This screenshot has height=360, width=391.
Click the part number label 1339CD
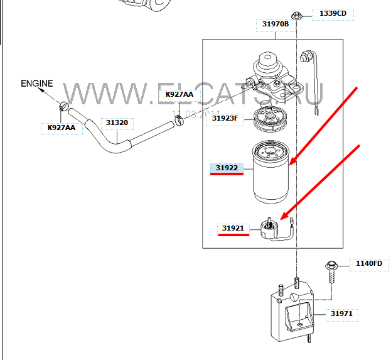332,13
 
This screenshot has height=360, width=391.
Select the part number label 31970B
275,25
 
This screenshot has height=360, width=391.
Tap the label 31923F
225,117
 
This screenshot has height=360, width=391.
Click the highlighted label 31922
226,168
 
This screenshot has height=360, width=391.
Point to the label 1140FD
368,263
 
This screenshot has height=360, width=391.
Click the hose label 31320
117,123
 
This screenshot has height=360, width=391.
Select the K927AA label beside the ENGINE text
62,128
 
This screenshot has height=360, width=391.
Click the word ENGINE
37,83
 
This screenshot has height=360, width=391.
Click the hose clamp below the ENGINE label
63,106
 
